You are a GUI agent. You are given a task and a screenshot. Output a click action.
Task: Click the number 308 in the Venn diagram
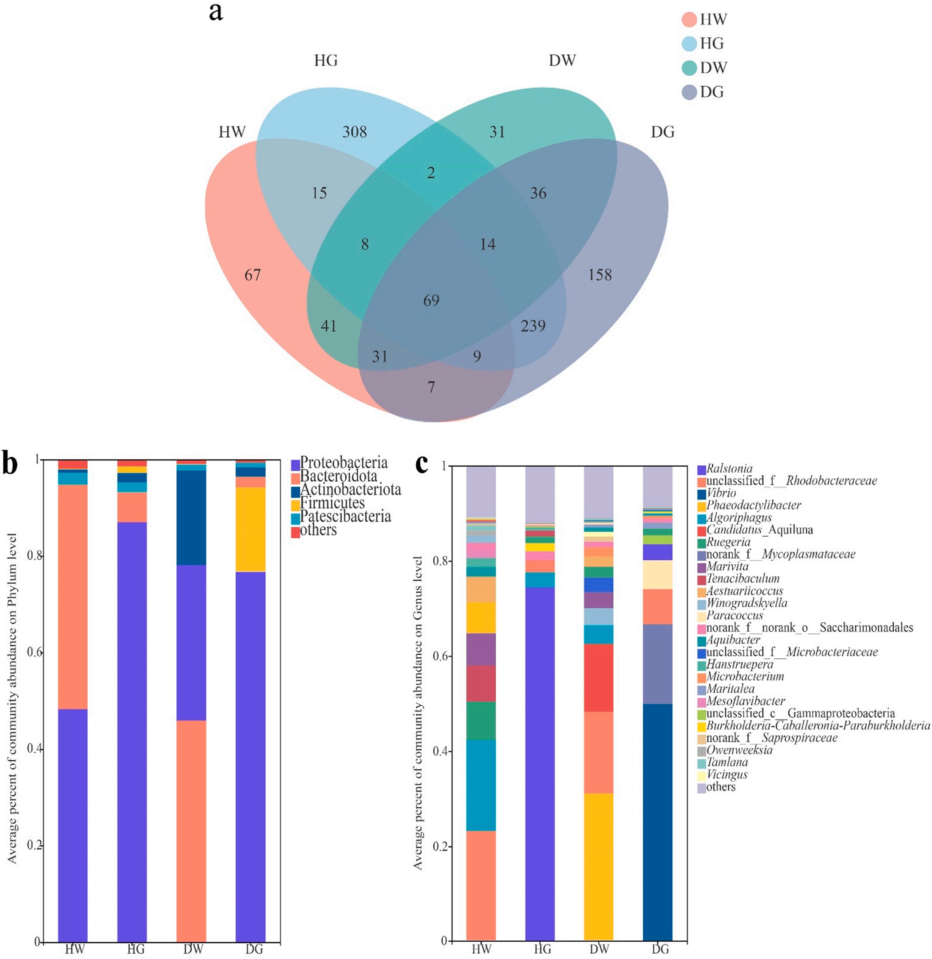click(355, 132)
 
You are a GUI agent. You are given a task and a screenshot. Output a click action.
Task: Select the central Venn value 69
click(431, 300)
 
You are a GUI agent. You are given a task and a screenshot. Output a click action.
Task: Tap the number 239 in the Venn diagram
click(533, 326)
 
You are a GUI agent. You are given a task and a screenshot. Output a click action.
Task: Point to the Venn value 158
click(600, 275)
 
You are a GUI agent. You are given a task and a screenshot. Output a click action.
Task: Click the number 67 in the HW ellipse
click(253, 275)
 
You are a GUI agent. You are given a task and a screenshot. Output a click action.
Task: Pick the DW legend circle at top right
click(689, 67)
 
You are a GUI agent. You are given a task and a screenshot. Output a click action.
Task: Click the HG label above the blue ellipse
click(325, 60)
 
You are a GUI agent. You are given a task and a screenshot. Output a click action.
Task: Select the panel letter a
click(216, 12)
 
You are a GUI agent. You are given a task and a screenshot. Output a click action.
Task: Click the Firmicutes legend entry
click(333, 503)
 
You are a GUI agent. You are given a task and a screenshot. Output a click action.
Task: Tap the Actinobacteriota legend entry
click(350, 489)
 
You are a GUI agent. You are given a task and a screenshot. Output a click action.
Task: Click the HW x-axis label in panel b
click(75, 949)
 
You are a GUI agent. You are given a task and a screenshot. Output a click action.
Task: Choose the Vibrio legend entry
click(721, 493)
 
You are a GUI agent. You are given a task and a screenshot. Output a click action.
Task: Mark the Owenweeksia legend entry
click(739, 750)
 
